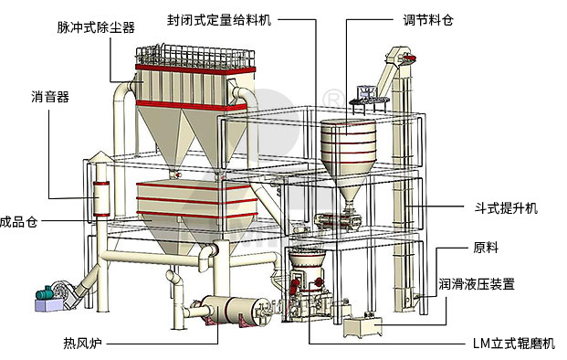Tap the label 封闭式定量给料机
[218, 18]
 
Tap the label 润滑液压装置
[501, 284]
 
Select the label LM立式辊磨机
[513, 344]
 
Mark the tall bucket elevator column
[401, 183]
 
